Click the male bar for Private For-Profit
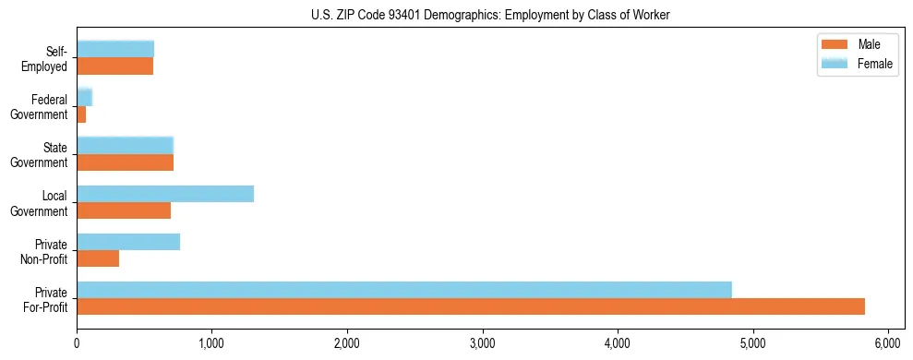click(x=471, y=306)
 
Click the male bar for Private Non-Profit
click(x=98, y=258)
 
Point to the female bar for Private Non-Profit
click(x=128, y=242)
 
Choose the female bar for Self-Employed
click(x=115, y=49)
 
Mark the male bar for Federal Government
click(x=81, y=114)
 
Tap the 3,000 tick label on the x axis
click(x=482, y=343)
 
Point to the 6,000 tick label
click(x=887, y=343)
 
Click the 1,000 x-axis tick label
click(x=211, y=343)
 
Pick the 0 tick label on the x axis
click(x=77, y=343)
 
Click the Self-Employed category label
click(x=45, y=58)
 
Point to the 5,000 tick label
click(x=752, y=343)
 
